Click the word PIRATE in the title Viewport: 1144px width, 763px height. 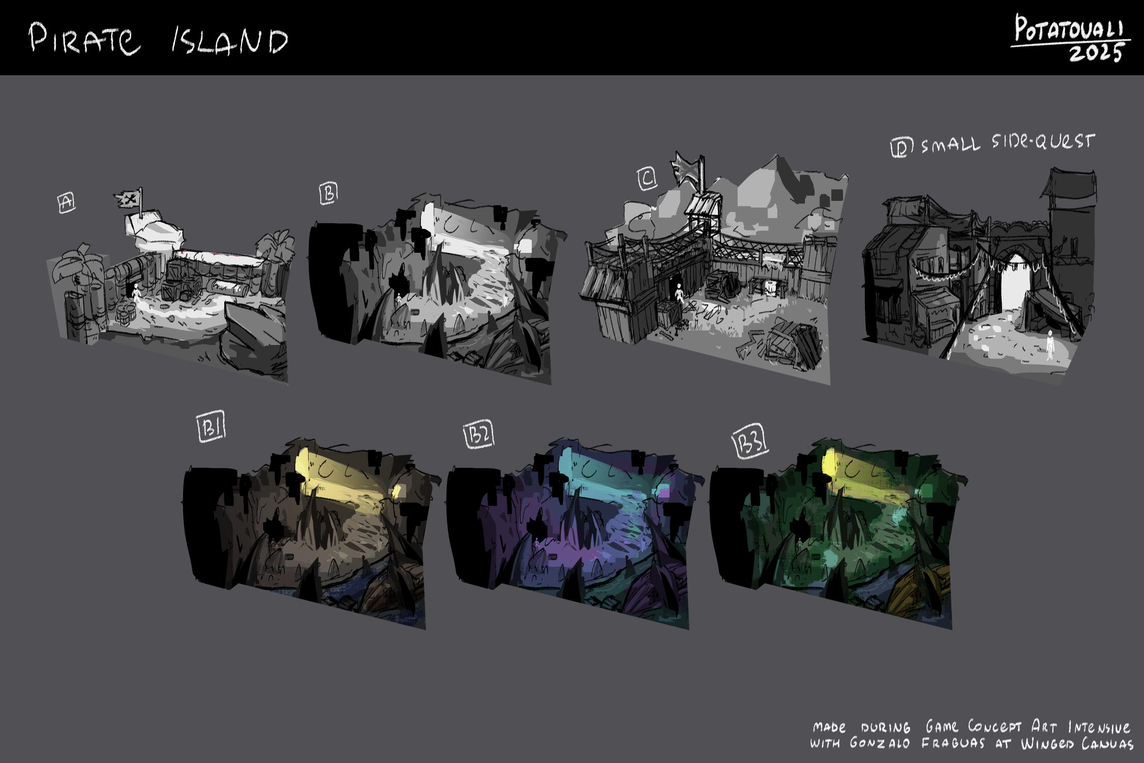(84, 39)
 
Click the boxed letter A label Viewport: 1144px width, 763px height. (66, 202)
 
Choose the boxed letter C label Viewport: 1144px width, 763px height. (647, 179)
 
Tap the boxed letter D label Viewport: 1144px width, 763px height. (901, 147)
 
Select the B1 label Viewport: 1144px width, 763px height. (210, 428)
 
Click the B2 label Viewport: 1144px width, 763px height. (479, 435)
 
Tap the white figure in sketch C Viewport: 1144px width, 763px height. (679, 294)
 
